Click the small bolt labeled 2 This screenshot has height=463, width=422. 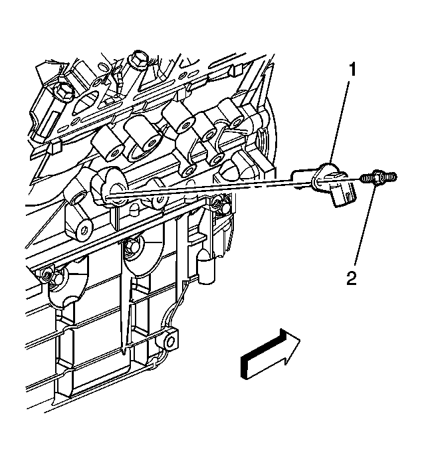tap(378, 178)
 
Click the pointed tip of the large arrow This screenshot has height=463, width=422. tap(300, 341)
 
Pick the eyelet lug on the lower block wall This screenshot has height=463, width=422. tap(172, 341)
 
